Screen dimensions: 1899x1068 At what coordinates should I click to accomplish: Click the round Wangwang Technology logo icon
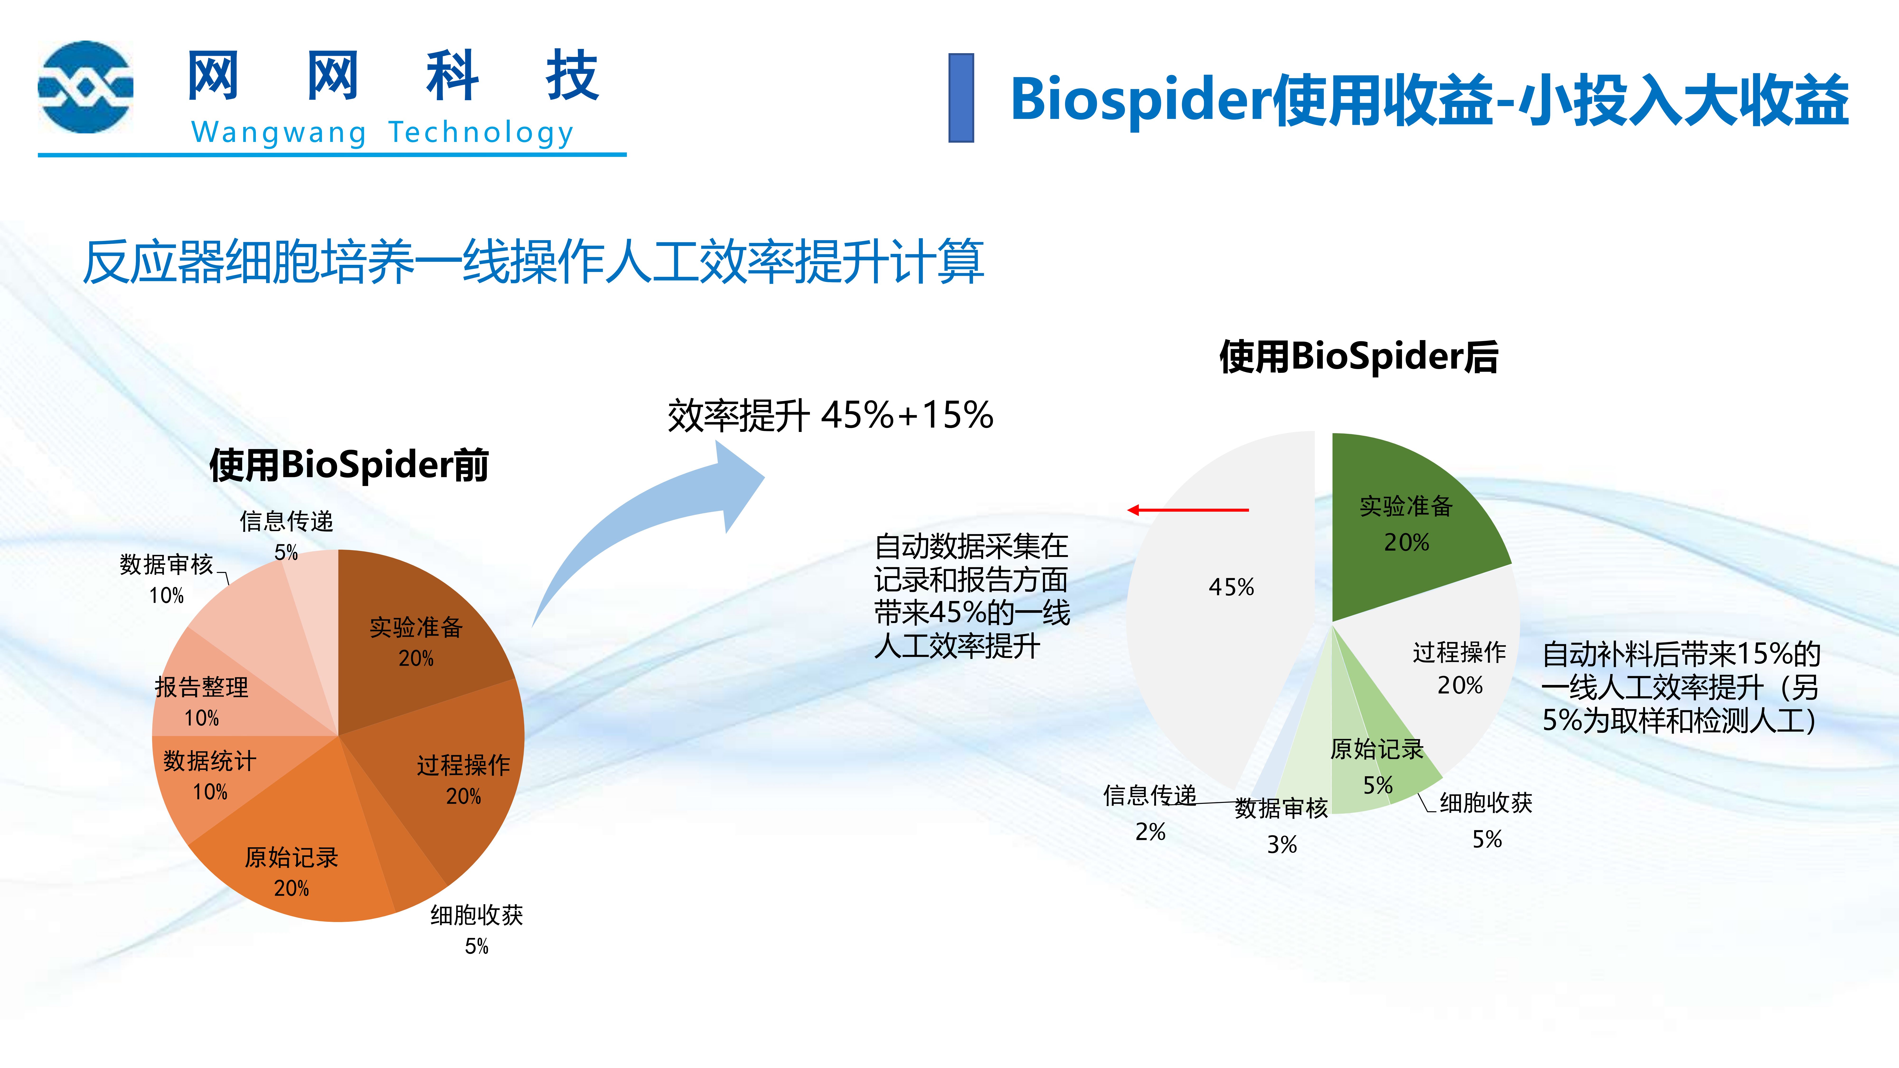point(85,87)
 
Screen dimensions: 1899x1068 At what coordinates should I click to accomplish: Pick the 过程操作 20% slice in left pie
point(450,774)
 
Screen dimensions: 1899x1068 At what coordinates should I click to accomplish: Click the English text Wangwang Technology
point(383,133)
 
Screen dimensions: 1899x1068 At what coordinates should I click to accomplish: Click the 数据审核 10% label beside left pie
point(167,579)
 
